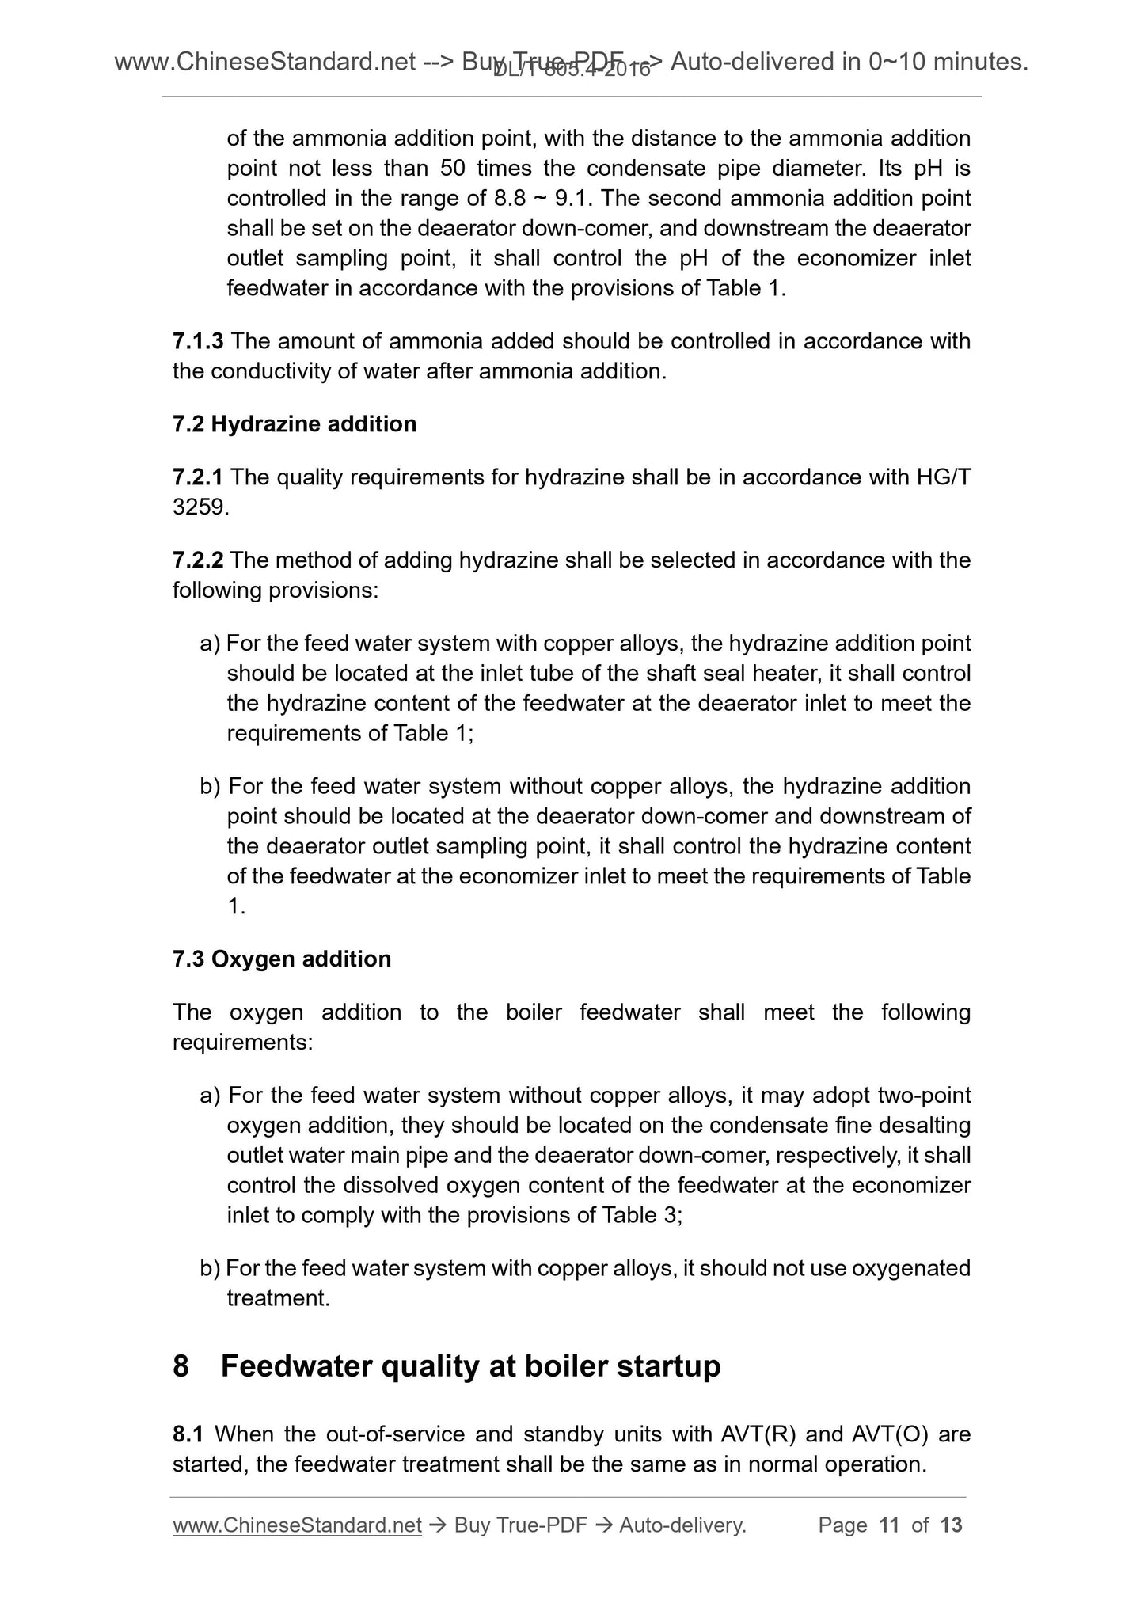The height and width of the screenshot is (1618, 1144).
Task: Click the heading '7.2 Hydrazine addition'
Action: pos(294,424)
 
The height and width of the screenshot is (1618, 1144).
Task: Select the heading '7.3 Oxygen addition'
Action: pos(281,959)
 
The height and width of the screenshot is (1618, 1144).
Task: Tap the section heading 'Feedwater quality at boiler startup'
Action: pos(470,1366)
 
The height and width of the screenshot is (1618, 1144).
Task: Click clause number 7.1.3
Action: pos(197,341)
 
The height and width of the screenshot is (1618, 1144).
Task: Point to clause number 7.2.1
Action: pos(197,477)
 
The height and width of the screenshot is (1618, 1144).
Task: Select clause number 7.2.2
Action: pos(197,560)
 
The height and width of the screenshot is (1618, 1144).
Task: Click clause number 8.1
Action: pos(188,1434)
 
